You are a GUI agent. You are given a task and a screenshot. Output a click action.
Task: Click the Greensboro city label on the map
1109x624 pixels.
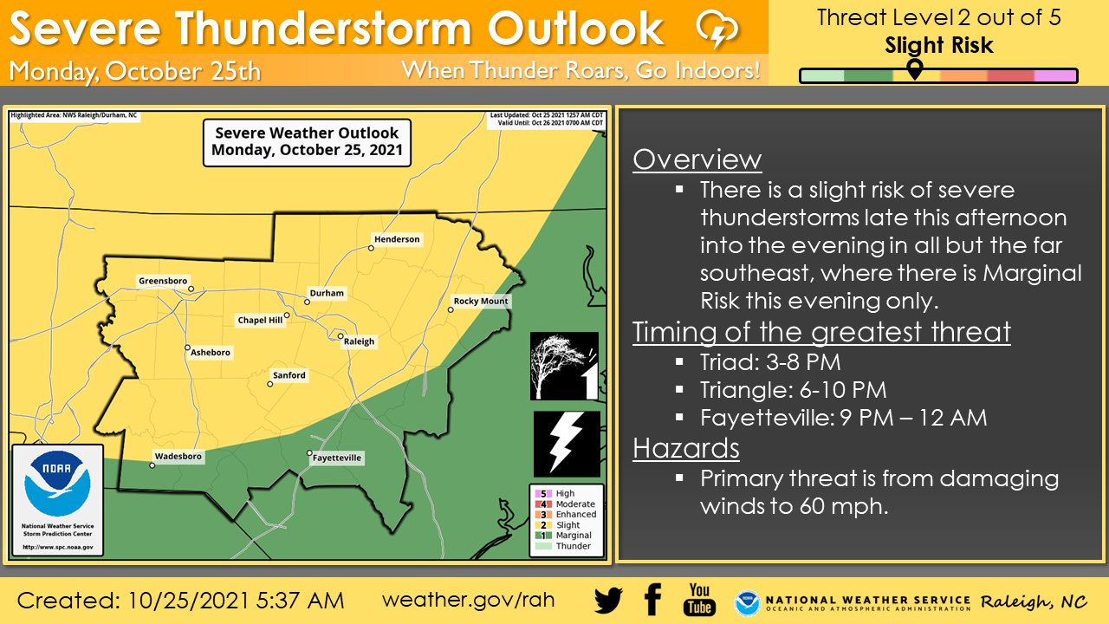(x=163, y=281)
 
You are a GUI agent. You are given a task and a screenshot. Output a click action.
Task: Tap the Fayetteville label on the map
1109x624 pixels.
(x=337, y=458)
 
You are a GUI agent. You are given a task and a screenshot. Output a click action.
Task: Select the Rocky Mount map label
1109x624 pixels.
(x=482, y=302)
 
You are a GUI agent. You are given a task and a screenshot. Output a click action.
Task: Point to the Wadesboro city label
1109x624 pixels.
(x=178, y=457)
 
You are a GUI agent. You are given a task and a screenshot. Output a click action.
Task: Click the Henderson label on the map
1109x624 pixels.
(x=397, y=239)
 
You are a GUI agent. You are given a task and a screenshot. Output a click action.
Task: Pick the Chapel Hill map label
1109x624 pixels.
(x=260, y=321)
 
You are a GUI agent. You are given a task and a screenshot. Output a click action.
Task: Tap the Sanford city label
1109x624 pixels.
(x=289, y=375)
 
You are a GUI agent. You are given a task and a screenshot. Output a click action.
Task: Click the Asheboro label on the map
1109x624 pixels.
(x=211, y=353)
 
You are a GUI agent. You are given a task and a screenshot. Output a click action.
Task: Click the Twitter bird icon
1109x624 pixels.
(x=609, y=600)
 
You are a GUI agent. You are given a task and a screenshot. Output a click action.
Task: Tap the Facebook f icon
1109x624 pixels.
(x=652, y=599)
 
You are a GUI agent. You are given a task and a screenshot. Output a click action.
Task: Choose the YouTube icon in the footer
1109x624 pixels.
(x=698, y=599)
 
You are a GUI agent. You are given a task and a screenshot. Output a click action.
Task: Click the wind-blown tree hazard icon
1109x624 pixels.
(x=565, y=366)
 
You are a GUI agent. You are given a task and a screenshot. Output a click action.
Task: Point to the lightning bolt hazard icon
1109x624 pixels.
(x=567, y=444)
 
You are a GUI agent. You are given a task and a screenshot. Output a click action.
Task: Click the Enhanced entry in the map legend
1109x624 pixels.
(x=575, y=515)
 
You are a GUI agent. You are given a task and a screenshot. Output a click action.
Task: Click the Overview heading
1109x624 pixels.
(x=697, y=159)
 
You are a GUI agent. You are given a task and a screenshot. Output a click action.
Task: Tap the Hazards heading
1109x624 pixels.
(x=686, y=448)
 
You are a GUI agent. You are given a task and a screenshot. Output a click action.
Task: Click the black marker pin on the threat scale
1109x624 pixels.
(x=915, y=68)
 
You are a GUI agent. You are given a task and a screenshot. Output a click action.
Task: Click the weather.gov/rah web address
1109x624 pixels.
(x=468, y=600)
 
